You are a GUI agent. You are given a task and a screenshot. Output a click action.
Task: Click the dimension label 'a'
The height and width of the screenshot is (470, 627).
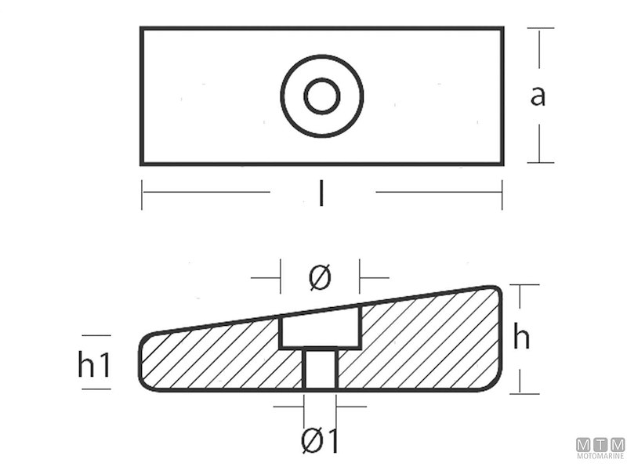point(538,96)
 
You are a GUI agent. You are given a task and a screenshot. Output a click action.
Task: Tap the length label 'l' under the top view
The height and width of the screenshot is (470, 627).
point(321,193)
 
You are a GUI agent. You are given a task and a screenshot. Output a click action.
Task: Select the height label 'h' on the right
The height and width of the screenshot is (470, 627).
point(521,338)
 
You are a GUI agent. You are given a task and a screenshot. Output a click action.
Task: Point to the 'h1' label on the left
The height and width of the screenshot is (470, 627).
point(95,365)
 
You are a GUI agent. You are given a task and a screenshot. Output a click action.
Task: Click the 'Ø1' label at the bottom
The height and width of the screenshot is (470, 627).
point(320,443)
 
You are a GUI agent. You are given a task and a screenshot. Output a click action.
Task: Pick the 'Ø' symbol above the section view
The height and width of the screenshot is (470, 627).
point(320,277)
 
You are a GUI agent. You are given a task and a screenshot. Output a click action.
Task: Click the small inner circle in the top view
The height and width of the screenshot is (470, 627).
point(321,96)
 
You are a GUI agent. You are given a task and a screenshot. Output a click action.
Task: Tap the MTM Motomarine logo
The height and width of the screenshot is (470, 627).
point(600,447)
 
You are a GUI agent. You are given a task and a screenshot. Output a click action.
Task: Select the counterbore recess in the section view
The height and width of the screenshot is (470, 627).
point(321,330)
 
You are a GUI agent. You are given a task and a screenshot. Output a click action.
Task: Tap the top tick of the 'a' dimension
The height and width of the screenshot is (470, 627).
point(540,29)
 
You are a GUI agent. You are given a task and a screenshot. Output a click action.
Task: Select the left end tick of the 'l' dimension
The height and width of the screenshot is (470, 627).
point(142,193)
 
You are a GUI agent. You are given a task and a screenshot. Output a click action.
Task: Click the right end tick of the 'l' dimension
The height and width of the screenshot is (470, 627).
point(502,193)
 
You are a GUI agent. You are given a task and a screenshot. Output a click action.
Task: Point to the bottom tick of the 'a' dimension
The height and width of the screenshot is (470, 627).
point(540,163)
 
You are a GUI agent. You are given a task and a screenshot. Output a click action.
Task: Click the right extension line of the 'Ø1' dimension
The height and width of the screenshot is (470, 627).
point(337,407)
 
